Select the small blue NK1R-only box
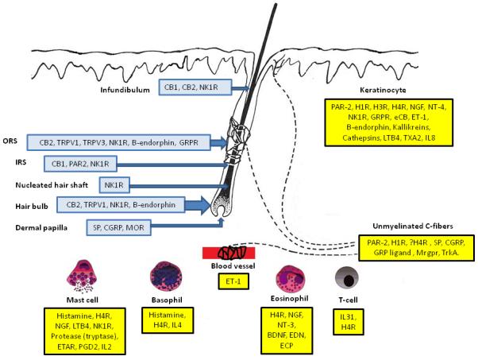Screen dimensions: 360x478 (x=116, y=185)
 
